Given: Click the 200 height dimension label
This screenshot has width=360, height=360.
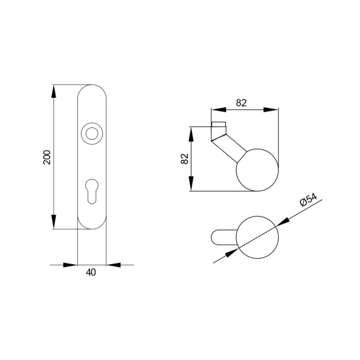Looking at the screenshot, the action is pyautogui.click(x=47, y=157).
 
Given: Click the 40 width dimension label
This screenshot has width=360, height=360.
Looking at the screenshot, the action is pyautogui.click(x=91, y=272).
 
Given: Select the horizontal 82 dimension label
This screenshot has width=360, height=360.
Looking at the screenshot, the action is pyautogui.click(x=241, y=103).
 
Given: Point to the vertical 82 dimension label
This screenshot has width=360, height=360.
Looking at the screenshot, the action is pyautogui.click(x=185, y=158).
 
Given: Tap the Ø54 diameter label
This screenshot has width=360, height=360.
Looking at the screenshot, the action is pyautogui.click(x=309, y=200).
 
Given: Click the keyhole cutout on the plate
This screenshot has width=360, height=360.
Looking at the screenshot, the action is pyautogui.click(x=92, y=191).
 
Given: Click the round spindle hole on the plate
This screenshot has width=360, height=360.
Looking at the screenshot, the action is pyautogui.click(x=92, y=133).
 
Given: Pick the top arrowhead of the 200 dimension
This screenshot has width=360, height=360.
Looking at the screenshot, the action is pyautogui.click(x=53, y=91).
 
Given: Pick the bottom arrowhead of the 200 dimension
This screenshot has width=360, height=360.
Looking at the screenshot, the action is pyautogui.click(x=53, y=222).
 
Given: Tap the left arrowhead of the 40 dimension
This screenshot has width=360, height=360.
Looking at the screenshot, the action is pyautogui.click(x=70, y=265).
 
